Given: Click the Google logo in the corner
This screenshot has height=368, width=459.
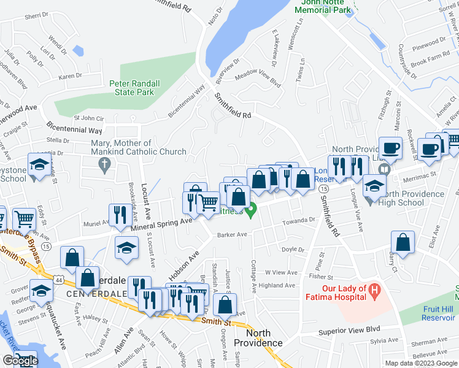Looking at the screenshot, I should [20, 361].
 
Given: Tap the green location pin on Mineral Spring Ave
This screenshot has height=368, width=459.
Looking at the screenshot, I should [250, 213].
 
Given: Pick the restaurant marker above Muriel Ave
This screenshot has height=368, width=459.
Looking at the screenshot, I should [119, 214].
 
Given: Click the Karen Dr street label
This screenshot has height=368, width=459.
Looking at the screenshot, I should [70, 76].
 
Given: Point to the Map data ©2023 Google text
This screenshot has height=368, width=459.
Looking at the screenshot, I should [420, 363].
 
